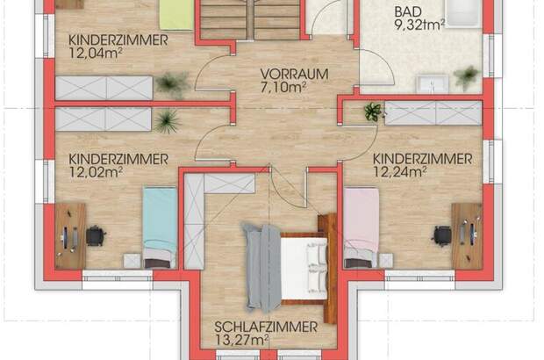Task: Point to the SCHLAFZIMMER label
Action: click(265, 327)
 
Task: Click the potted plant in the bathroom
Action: click(467, 77)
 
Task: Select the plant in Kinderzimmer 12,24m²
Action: click(373, 112)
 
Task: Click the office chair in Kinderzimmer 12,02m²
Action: click(94, 235)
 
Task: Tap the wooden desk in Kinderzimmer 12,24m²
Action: click(466, 235)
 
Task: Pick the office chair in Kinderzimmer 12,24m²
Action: click(443, 234)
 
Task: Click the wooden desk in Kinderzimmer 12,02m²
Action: click(70, 235)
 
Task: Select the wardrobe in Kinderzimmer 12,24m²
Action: click(433, 112)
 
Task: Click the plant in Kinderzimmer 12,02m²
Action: click(164, 120)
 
